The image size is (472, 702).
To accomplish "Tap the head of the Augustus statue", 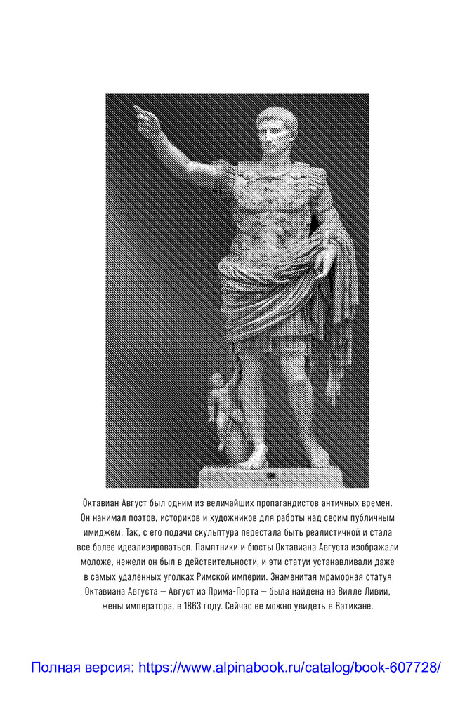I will pos(276,132).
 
